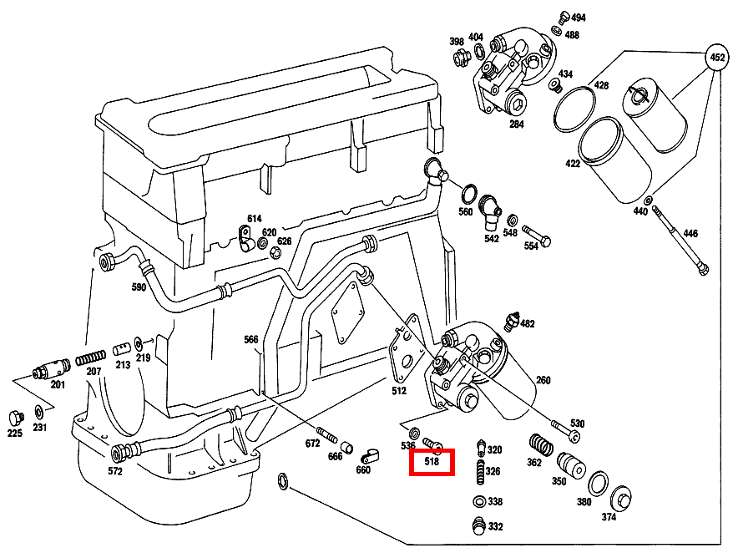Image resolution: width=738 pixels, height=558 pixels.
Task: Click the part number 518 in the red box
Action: (x=432, y=461)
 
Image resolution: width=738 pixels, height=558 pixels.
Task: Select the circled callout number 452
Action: (x=716, y=58)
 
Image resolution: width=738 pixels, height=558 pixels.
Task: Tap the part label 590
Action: (x=139, y=288)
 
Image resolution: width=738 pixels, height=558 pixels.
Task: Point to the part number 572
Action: (x=115, y=471)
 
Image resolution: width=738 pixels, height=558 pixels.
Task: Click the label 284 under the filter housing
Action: (x=517, y=125)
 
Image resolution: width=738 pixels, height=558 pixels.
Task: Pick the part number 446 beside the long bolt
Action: (x=690, y=233)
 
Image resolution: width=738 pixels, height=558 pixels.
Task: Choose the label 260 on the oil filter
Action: (x=543, y=381)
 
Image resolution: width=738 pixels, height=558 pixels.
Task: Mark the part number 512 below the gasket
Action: (x=399, y=390)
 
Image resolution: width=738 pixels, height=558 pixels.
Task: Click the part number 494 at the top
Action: (x=578, y=18)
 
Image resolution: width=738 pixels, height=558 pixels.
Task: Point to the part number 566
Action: (x=251, y=340)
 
